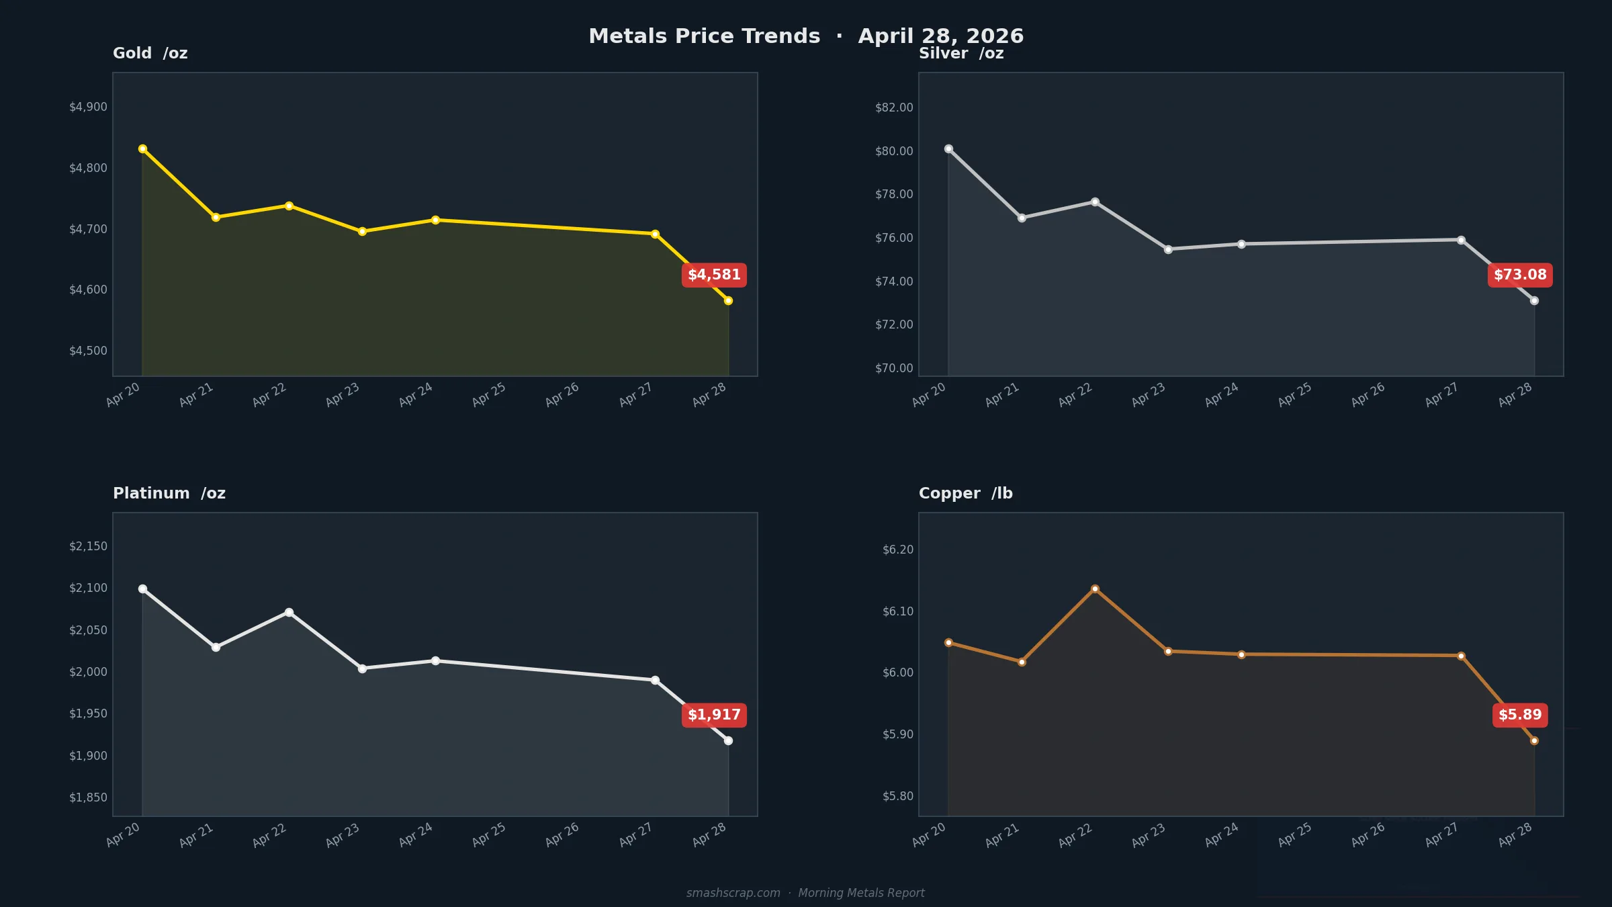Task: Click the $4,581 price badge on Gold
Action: coord(714,275)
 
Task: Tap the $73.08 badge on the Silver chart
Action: coord(1520,275)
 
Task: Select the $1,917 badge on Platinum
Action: coord(714,715)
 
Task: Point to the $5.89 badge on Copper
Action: coord(1520,715)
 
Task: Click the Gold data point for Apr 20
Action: coord(142,149)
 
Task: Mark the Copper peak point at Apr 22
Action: coord(1095,589)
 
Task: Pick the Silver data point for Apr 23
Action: coord(1168,249)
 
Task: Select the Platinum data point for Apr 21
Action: coord(216,647)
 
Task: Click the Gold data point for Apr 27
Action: coord(655,234)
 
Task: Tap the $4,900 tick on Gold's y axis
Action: coord(88,107)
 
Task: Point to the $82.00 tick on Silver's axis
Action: coord(894,107)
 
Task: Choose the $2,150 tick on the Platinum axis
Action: coord(88,546)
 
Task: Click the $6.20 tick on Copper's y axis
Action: coord(898,550)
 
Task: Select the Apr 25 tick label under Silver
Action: coord(1294,395)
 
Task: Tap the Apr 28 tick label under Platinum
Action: coord(709,835)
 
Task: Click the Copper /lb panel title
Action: coord(965,493)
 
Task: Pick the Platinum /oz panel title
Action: coord(169,493)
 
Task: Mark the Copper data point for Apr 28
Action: coord(1534,740)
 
